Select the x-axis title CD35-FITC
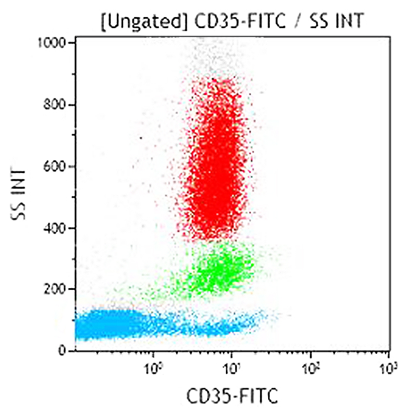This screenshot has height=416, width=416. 232,397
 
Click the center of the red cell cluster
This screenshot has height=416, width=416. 216,170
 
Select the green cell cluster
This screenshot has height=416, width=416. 214,270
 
